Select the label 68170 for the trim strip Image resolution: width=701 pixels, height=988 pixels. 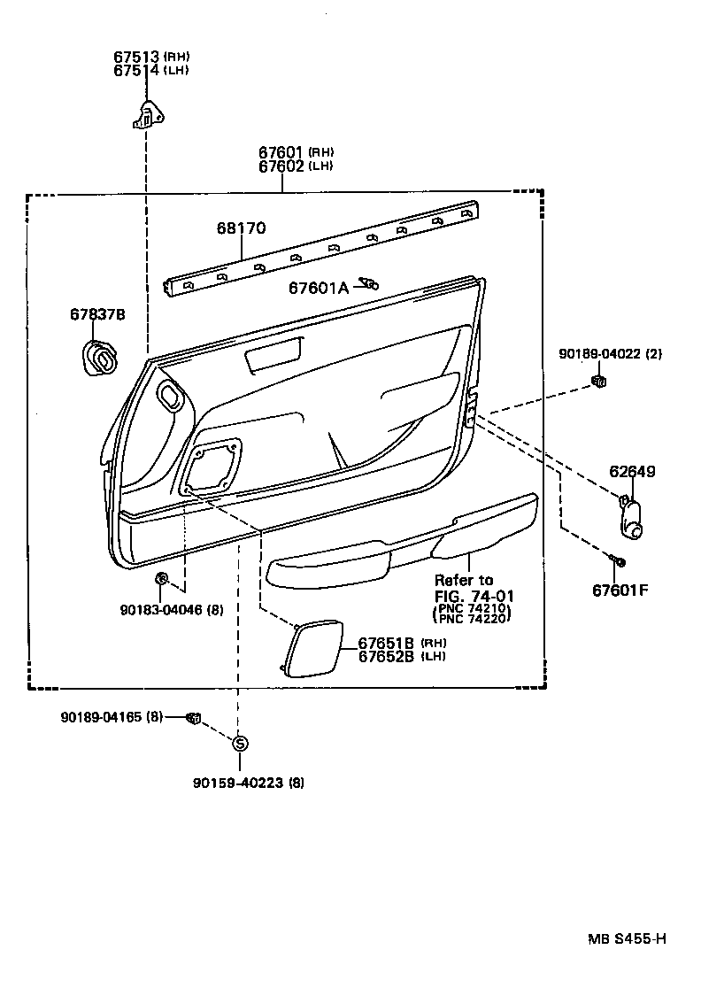241,228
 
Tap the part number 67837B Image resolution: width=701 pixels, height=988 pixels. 97,314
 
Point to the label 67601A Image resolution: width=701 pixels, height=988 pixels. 319,287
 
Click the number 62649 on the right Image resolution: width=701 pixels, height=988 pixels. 632,472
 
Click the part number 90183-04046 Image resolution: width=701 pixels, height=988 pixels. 161,610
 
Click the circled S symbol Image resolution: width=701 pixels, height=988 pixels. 239,743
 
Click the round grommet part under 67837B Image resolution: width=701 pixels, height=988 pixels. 99,358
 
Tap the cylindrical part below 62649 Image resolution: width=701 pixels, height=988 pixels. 632,517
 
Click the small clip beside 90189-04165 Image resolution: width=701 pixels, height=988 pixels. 193,717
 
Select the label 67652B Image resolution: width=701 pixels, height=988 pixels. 386,656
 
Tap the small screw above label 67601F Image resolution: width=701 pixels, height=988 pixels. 617,561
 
